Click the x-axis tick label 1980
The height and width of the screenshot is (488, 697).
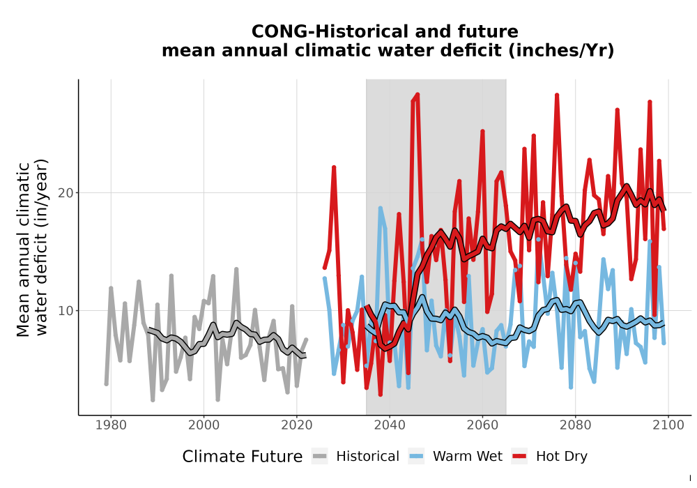tap(111, 425)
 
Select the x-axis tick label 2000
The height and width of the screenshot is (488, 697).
tap(204, 425)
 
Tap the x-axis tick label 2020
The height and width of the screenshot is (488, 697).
tap(296, 425)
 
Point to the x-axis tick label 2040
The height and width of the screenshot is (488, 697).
tap(390, 425)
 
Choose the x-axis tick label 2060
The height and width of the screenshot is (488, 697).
tap(482, 425)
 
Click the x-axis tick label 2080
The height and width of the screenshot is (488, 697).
tap(575, 425)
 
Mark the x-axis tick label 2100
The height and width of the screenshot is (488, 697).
tap(668, 425)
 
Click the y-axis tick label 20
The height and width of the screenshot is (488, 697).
tap(66, 193)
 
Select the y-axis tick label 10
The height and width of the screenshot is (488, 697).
tap(66, 311)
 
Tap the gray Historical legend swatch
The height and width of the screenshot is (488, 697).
tap(320, 457)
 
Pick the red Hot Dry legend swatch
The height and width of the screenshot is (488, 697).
tap(519, 457)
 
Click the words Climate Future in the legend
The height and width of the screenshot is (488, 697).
tap(243, 457)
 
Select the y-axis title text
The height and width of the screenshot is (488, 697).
tap(32, 249)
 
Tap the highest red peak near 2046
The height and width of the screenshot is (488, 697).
tap(418, 94)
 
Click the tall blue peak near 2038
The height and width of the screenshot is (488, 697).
tap(380, 208)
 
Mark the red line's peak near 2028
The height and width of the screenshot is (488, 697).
tap(334, 167)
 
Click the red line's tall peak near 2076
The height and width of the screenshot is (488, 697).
tap(556, 95)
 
